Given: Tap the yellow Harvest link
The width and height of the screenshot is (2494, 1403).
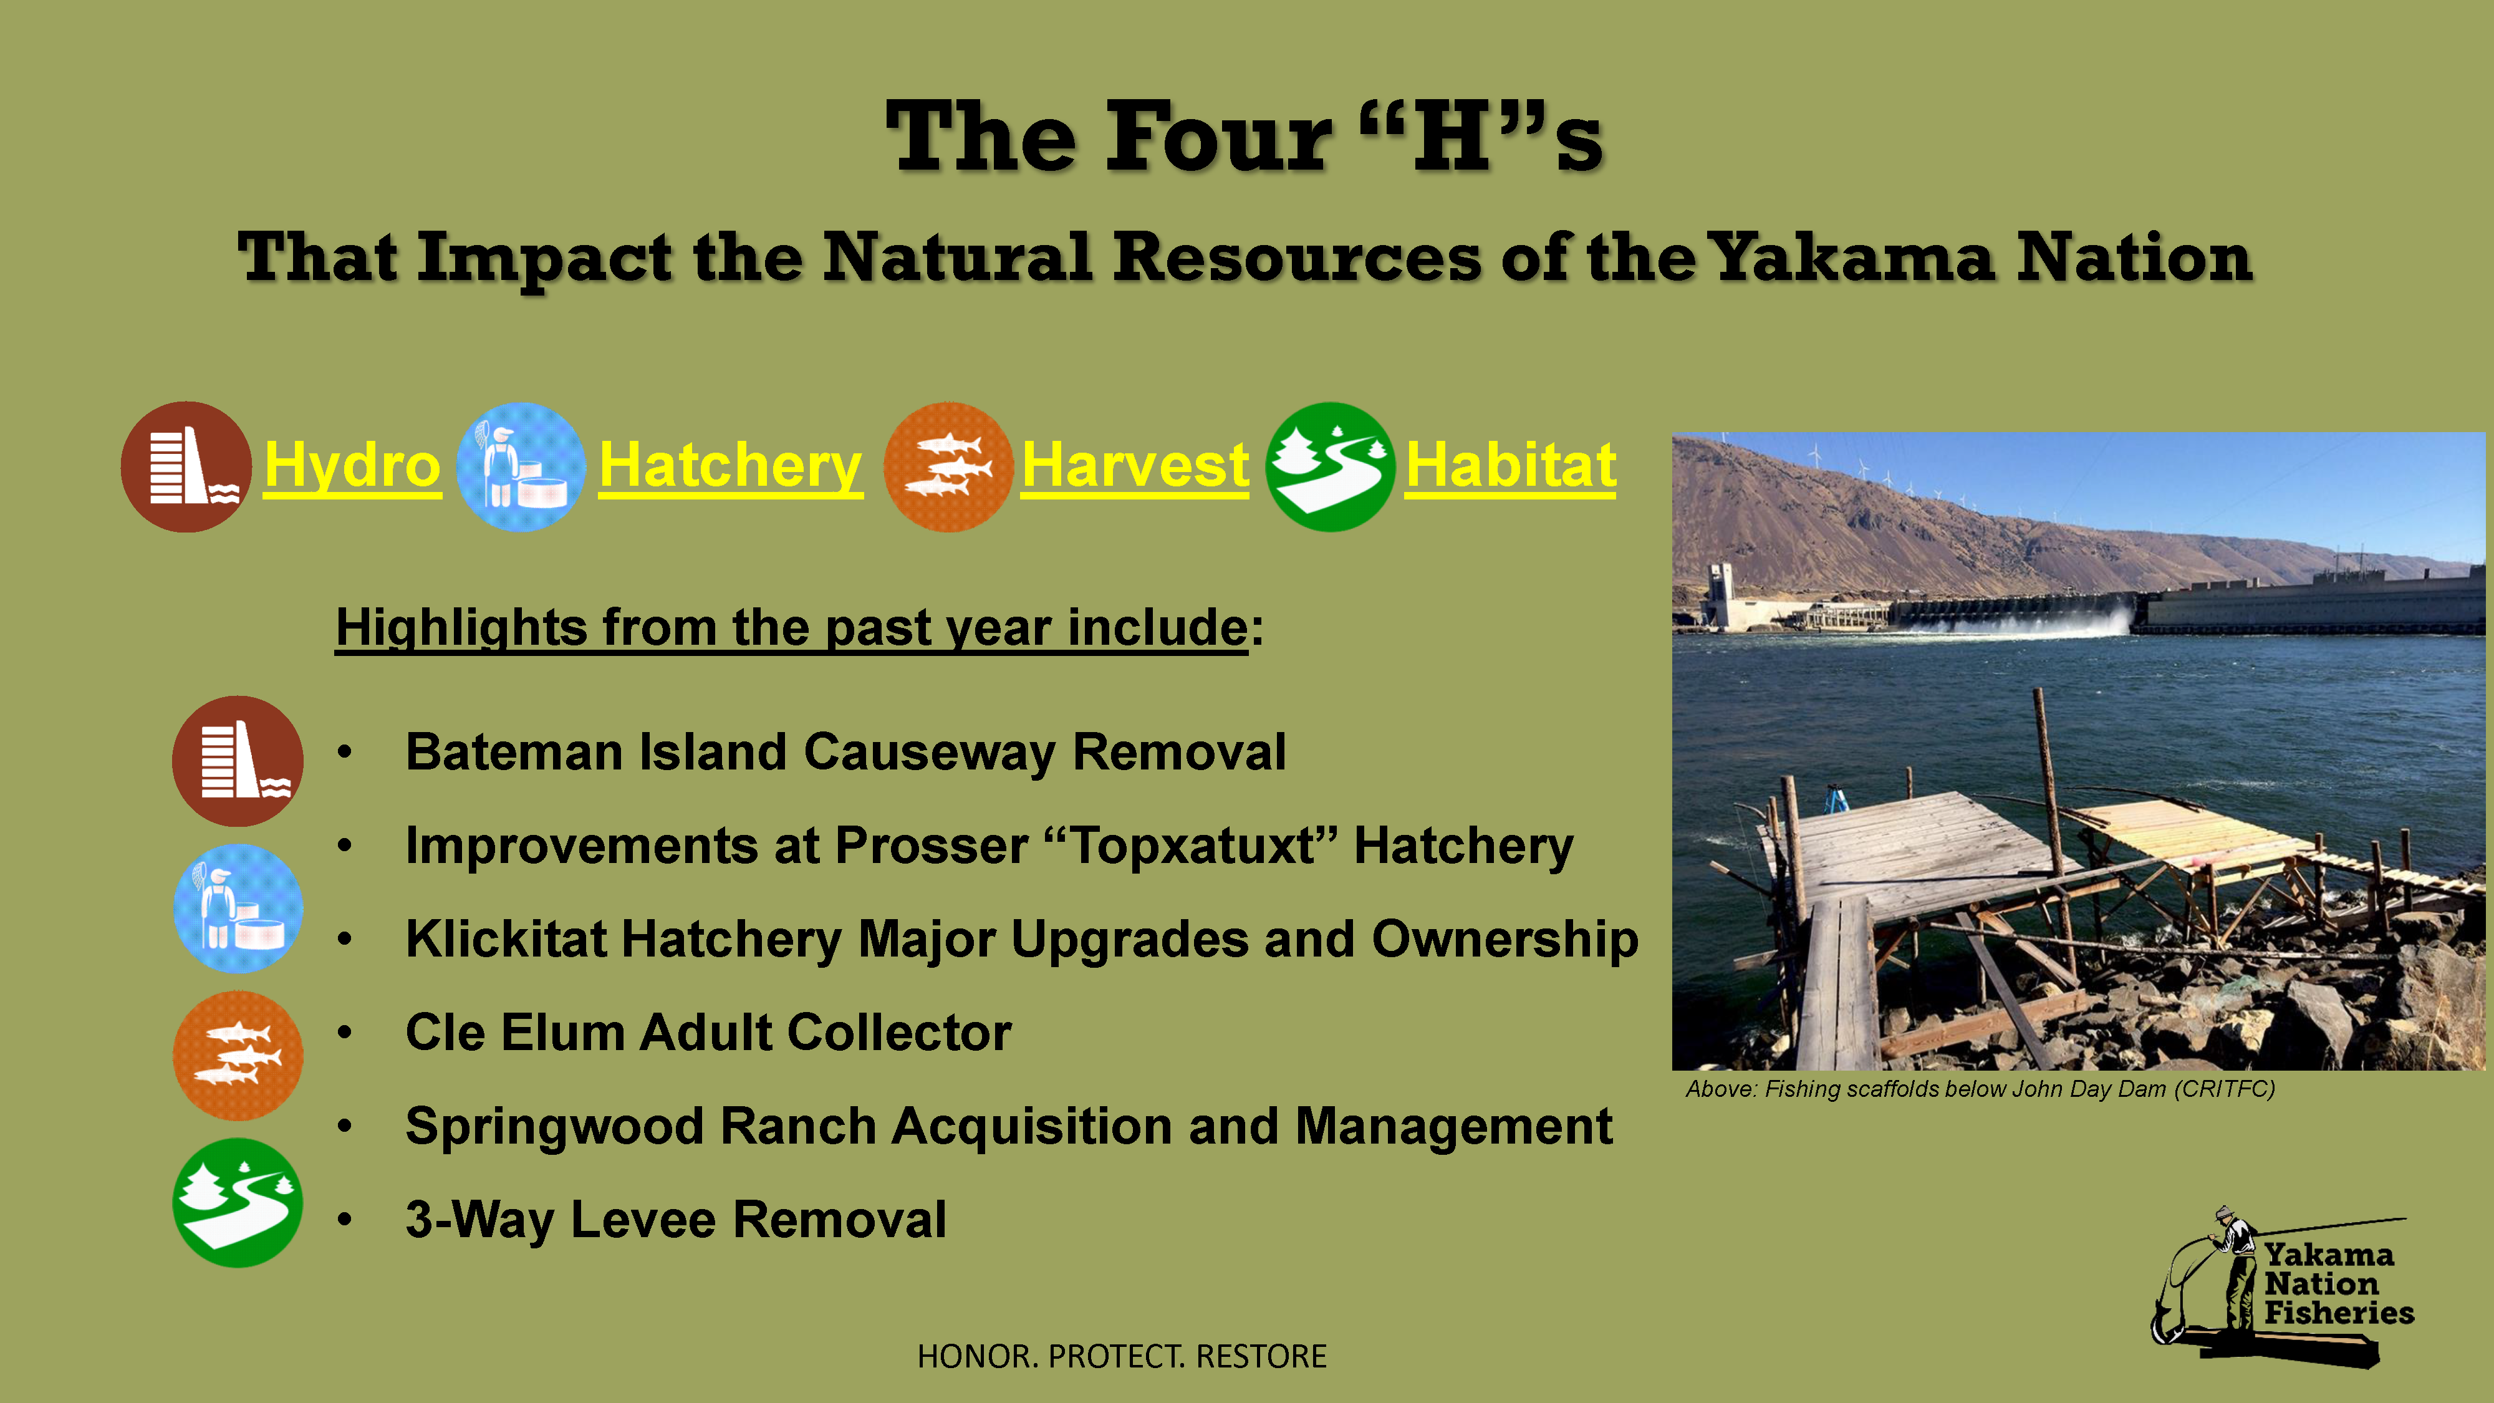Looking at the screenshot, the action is tap(1135, 466).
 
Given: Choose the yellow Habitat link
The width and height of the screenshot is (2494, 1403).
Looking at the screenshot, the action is tap(1510, 466).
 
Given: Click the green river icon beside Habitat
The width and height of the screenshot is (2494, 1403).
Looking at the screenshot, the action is tap(1331, 466).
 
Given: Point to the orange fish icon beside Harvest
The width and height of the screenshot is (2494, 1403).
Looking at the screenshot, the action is tap(949, 466).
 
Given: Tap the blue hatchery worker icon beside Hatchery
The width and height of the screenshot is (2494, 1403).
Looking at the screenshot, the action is tap(521, 466).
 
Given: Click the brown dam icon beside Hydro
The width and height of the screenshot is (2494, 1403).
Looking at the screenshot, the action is tap(186, 466).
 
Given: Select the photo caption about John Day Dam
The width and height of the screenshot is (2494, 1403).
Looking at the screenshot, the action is tap(1980, 1089).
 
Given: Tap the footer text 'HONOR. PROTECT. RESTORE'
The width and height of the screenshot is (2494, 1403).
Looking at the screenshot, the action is tap(1121, 1356).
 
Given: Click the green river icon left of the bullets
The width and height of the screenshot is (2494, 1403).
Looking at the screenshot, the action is tap(237, 1203).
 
